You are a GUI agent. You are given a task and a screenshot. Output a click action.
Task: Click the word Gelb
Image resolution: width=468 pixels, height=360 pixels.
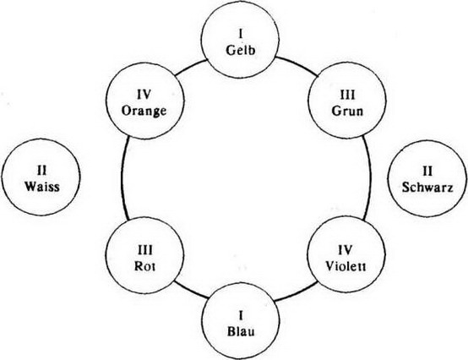[241, 50]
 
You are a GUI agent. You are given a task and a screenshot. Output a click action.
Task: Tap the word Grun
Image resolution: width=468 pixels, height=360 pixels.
[347, 111]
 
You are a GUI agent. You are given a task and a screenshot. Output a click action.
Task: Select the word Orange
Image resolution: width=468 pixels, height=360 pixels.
[144, 111]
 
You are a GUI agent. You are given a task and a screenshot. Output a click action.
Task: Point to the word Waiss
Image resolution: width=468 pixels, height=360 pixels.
[42, 187]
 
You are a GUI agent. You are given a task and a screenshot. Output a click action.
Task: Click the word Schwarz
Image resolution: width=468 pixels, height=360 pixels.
[427, 188]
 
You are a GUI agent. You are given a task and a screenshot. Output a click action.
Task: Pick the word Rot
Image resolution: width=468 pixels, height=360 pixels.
[144, 265]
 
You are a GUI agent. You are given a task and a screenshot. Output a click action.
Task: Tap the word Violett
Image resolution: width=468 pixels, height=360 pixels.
[346, 265]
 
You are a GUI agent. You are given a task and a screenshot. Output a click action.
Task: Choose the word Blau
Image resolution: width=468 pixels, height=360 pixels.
[241, 331]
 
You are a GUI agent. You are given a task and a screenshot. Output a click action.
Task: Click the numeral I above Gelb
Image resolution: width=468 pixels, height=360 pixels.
[241, 35]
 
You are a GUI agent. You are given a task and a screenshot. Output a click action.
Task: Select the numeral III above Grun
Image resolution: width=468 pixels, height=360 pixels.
[348, 95]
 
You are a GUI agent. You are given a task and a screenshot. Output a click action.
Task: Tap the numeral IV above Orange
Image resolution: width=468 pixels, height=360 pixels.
[144, 95]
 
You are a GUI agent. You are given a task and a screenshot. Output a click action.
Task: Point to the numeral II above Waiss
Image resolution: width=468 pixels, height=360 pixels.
[42, 171]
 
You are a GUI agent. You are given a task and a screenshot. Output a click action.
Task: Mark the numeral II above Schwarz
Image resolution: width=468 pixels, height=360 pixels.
[427, 172]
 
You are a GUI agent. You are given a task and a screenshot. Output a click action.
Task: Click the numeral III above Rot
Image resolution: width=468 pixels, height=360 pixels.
[145, 250]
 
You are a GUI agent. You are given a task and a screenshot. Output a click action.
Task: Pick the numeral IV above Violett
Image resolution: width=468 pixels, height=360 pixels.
[346, 250]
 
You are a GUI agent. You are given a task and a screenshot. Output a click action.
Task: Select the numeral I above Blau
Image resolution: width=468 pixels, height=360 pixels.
[241, 315]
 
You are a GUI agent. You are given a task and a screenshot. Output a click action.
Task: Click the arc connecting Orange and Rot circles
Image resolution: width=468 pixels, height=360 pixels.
[122, 178]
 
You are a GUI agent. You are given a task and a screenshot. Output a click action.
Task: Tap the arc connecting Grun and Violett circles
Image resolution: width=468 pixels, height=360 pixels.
[371, 178]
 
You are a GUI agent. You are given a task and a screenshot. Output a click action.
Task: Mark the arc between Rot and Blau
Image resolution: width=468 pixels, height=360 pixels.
[191, 291]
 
